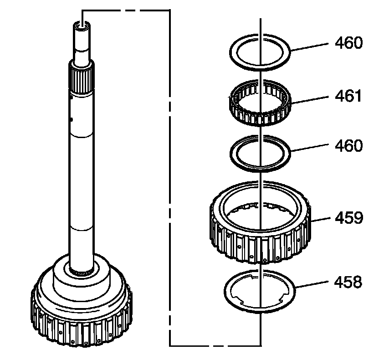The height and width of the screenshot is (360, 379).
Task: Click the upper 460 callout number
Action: pyautogui.click(x=348, y=43)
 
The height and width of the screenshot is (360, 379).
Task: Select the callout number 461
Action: pyautogui.click(x=348, y=96)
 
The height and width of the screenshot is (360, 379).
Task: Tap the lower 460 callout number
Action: pyautogui.click(x=348, y=146)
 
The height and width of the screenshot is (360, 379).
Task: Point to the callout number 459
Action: pyautogui.click(x=349, y=217)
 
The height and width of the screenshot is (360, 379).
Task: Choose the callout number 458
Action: pyautogui.click(x=348, y=282)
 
